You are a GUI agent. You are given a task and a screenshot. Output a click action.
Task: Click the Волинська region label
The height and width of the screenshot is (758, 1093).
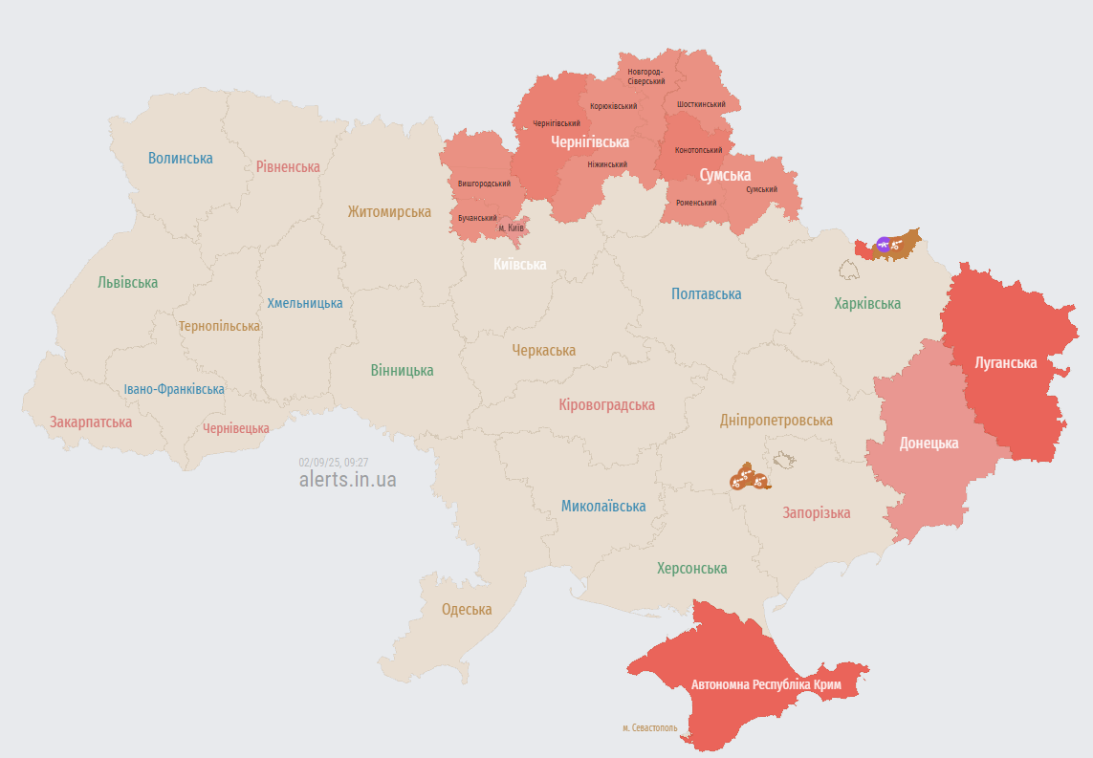coord(181,158)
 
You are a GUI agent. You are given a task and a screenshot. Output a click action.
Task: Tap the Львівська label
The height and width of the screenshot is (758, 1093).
coord(127,282)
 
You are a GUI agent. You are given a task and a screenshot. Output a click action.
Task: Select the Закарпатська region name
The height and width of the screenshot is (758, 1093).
coord(91,422)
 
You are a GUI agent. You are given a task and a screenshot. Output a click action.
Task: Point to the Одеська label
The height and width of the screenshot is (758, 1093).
coord(467,609)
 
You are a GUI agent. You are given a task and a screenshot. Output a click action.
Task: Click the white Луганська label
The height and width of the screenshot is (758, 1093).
coord(1005,362)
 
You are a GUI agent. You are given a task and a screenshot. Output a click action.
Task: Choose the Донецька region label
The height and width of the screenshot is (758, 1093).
coord(929,444)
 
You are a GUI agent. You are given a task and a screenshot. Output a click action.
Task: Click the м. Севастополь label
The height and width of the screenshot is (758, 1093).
coord(649,727)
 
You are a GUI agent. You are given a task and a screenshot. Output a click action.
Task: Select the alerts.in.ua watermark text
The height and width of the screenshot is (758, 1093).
coord(347,479)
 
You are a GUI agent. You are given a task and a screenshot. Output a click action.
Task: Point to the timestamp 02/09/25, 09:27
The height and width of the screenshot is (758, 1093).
coord(334,462)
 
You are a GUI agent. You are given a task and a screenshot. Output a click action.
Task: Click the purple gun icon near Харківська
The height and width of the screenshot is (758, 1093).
coord(884,245)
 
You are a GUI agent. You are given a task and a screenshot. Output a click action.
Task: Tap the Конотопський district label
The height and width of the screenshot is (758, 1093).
coord(699,150)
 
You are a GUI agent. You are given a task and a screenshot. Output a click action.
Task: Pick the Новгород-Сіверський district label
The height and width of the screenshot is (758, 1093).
coord(645,76)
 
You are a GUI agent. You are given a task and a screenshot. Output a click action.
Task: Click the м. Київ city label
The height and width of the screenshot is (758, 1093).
coord(511,227)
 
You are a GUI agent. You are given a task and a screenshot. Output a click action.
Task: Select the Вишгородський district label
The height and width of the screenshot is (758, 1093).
coord(484,183)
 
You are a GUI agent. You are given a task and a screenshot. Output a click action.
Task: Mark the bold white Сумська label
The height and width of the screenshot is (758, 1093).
coord(725,176)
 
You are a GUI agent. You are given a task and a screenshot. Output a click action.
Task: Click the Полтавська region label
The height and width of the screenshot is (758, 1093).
coord(706,294)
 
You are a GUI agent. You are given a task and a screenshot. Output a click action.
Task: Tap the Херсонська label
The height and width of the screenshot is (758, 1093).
coord(691,568)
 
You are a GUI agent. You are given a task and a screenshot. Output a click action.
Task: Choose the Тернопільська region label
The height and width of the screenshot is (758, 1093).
coord(219,326)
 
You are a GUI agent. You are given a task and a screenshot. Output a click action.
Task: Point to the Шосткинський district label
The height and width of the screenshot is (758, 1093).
coord(700,103)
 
